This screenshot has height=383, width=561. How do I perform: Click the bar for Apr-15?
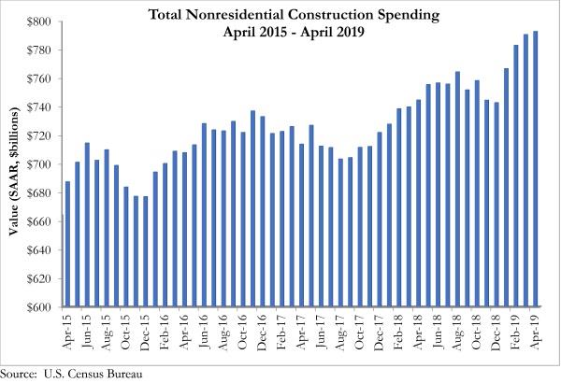click(68, 244)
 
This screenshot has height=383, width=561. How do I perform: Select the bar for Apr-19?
click(535, 169)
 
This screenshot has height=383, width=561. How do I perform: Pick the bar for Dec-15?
click(146, 251)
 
